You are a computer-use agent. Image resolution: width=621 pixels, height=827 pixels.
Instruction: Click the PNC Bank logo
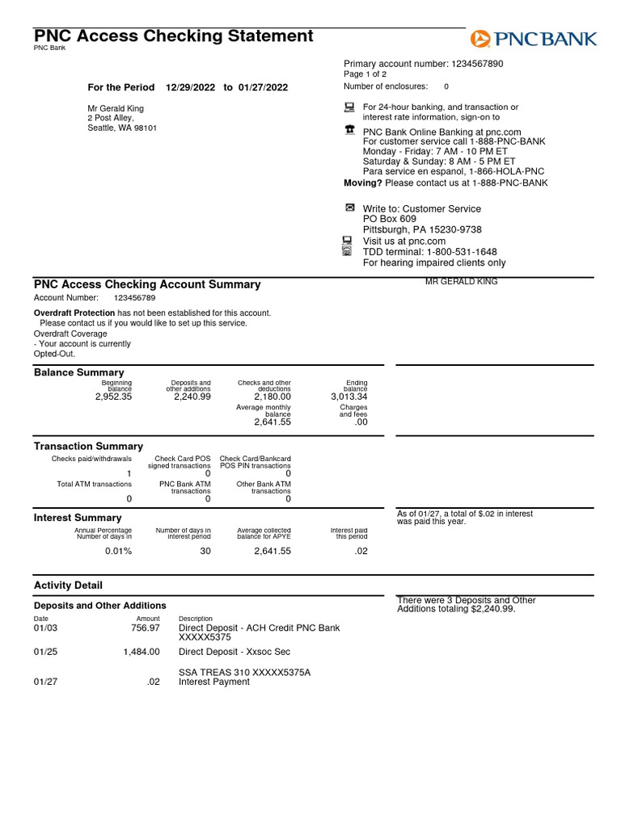coord(534,38)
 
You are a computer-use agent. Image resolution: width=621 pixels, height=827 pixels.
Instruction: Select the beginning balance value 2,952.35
coord(113,397)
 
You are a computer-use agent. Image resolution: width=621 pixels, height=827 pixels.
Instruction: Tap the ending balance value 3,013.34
coord(349,397)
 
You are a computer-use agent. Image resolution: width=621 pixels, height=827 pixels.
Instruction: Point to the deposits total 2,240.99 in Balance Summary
coord(192,397)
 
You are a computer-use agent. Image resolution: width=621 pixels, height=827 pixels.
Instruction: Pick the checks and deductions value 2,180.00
coord(272,397)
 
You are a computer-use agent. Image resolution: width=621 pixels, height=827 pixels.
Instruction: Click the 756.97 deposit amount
coord(146,628)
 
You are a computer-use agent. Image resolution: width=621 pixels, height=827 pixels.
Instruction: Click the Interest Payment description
coord(214,682)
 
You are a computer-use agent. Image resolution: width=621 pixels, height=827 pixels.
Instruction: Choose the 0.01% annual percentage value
coord(118,551)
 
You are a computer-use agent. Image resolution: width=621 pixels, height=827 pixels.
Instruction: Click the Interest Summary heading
coord(78,518)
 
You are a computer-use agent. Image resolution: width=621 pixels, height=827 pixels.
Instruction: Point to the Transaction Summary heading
coord(88,446)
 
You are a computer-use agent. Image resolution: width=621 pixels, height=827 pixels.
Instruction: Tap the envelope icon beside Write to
coord(349,208)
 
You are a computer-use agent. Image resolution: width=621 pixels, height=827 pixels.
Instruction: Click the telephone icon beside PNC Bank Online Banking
coord(349,129)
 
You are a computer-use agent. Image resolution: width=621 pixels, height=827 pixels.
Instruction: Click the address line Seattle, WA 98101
coord(122,128)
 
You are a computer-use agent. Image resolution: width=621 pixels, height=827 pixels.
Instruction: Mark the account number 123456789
coord(134,298)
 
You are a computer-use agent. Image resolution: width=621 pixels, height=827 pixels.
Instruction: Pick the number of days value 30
coord(205,551)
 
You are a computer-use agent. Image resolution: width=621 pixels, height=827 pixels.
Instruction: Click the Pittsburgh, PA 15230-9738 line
coord(422,230)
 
